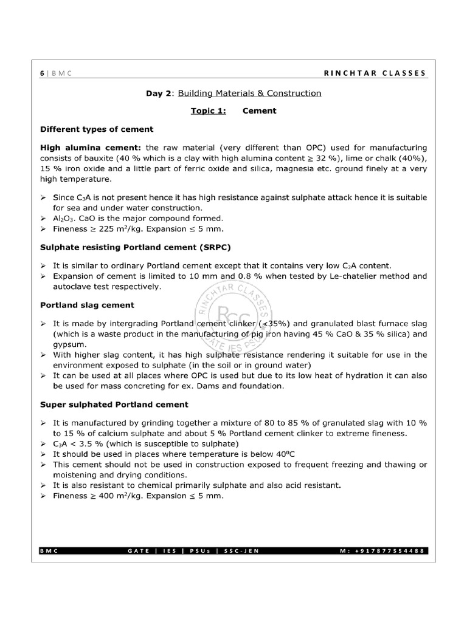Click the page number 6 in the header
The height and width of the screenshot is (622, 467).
42,73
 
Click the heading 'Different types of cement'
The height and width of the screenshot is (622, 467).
96,129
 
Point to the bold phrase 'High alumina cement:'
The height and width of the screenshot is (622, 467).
91,147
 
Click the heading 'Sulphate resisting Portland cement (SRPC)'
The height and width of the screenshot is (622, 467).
135,247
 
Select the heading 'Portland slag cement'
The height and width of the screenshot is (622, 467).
87,305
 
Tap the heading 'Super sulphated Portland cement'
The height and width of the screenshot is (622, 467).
114,404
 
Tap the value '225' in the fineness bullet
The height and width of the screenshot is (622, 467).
106,229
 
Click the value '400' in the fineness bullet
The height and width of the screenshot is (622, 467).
106,496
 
